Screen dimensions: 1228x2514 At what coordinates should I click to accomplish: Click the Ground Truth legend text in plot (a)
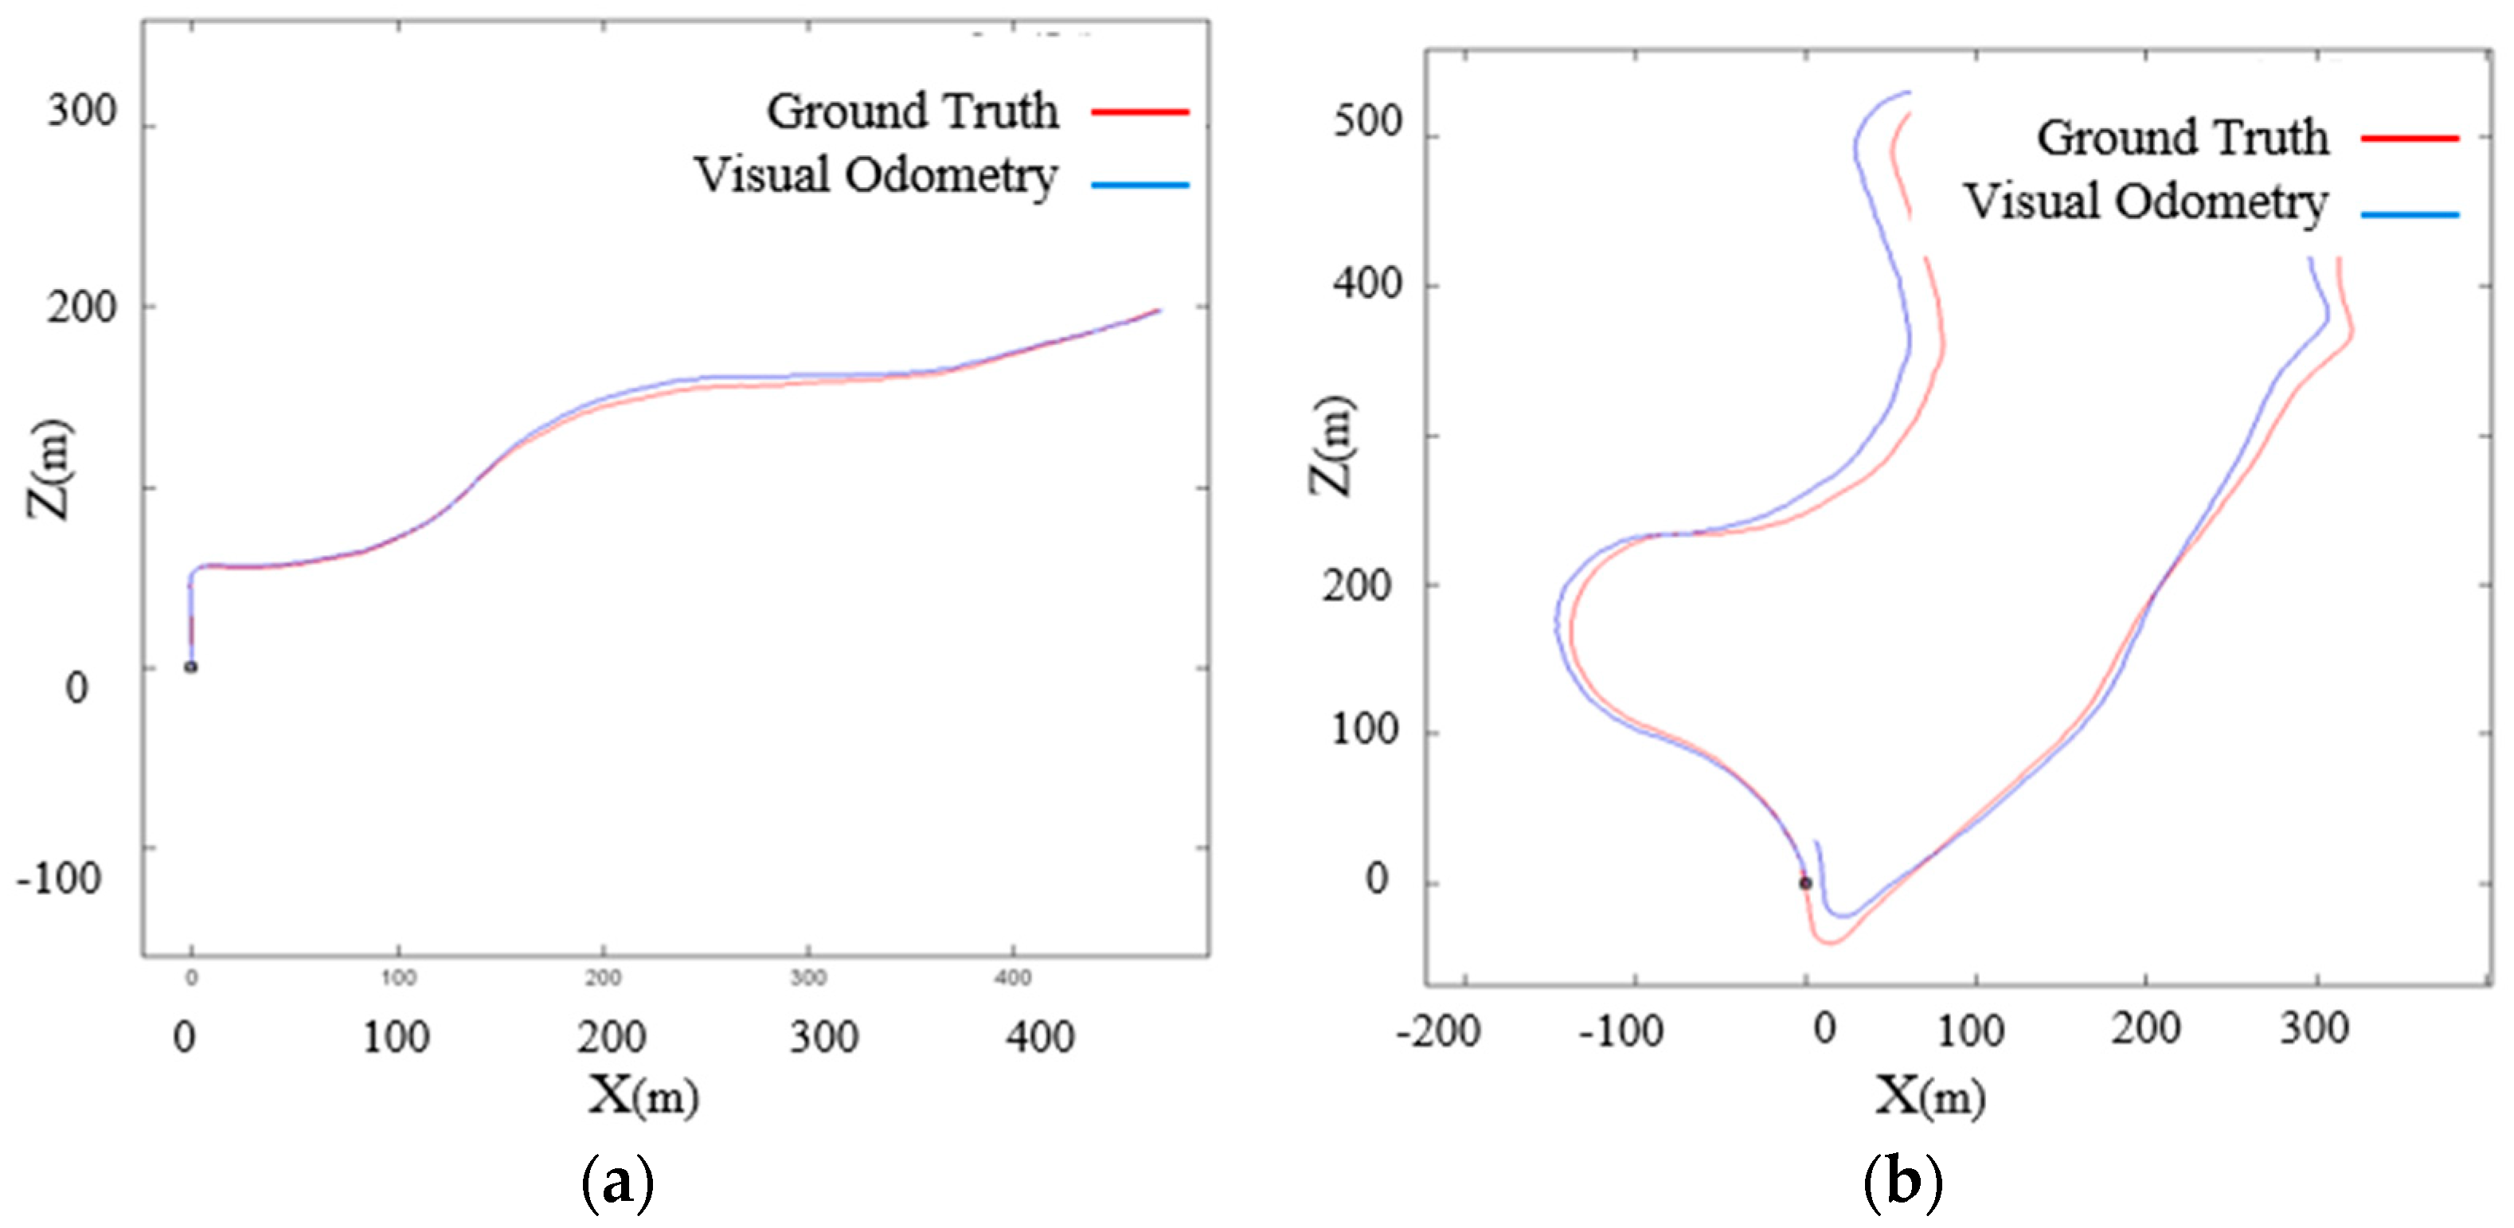[912, 111]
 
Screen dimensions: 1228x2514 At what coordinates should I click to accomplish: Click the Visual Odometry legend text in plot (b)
[2145, 203]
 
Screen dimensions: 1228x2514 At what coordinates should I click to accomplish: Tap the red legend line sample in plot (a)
[1139, 112]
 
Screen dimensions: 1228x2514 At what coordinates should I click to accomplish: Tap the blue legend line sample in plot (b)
[2409, 213]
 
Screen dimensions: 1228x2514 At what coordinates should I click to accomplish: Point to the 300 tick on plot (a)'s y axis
[82, 111]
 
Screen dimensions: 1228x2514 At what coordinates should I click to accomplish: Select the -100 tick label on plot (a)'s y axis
[59, 878]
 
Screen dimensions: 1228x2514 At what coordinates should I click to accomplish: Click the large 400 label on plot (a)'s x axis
[1040, 1037]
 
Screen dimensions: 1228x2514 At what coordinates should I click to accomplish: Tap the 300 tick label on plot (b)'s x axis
[2314, 1029]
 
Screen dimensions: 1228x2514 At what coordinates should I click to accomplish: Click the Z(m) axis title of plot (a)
[49, 468]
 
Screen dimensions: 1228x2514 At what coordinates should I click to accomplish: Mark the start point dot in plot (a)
[191, 667]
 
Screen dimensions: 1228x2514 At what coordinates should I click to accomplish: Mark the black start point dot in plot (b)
[1805, 883]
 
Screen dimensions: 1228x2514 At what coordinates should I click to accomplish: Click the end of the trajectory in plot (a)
[1159, 311]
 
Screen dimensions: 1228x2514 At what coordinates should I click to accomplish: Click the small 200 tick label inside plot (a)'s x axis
[602, 977]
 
